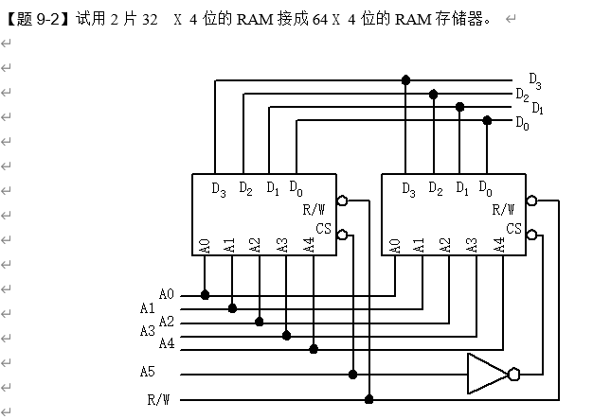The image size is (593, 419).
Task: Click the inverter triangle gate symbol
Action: [x=486, y=374]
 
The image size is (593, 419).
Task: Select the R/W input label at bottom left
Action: [x=158, y=399]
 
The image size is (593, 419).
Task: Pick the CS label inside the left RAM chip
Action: [x=324, y=229]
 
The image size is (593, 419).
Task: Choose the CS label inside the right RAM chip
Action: [x=513, y=229]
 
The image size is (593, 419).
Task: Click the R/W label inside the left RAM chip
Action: [x=315, y=209]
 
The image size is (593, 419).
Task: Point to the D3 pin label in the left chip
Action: [x=219, y=189]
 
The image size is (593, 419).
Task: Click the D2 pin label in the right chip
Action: [x=435, y=189]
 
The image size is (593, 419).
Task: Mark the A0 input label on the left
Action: [x=167, y=294]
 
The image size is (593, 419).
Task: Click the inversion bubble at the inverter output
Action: [x=513, y=375]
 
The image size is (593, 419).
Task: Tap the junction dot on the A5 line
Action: [x=353, y=375]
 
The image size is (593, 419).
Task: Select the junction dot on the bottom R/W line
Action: [x=368, y=399]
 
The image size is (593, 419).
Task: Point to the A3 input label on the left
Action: [x=147, y=331]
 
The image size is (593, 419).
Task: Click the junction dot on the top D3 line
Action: [x=406, y=79]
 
